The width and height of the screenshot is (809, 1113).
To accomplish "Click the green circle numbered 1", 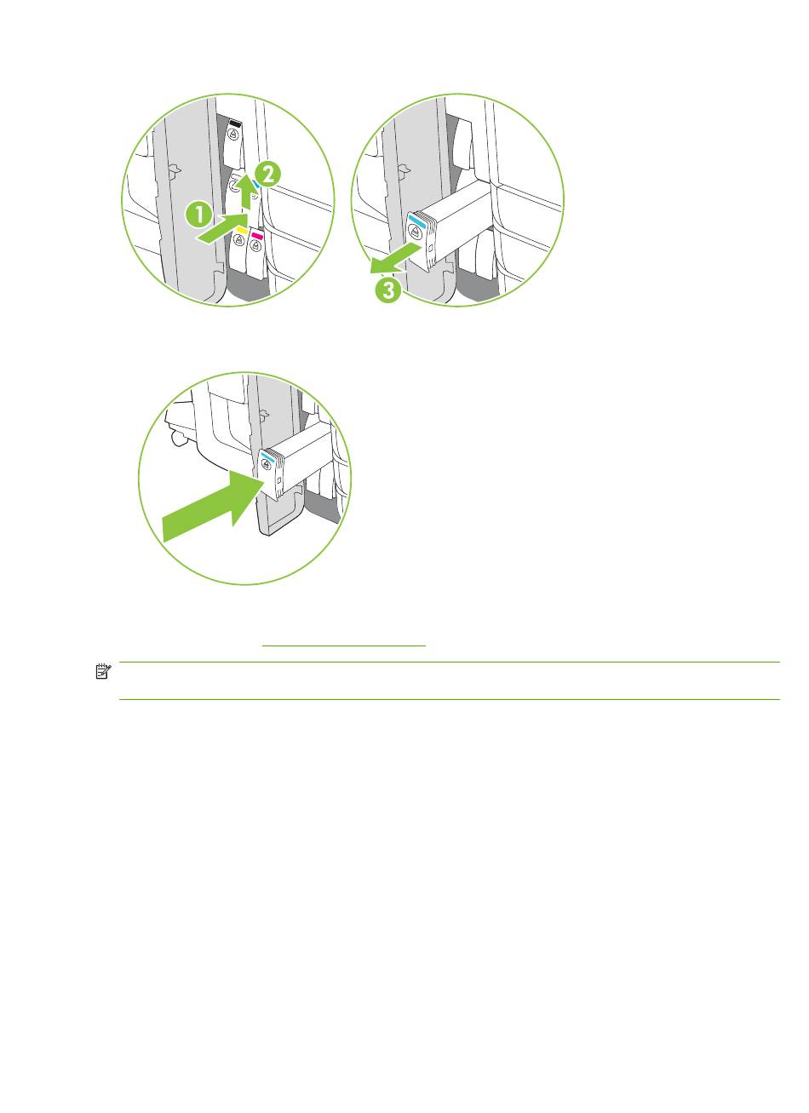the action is coord(199,215).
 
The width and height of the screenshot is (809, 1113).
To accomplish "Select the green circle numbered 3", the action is coord(388,290).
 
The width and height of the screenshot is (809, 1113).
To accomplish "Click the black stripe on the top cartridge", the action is coord(235,122).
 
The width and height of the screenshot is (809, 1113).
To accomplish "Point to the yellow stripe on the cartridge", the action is coord(242,230).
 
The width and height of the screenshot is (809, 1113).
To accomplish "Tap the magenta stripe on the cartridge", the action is coord(256,236).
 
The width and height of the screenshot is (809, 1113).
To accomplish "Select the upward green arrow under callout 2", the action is coord(247,194).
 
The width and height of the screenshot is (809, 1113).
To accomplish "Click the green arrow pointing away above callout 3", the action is coord(396,258).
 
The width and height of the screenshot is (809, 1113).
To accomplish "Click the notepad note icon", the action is coord(103,671).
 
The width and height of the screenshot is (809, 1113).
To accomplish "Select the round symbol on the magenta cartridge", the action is coord(256,245).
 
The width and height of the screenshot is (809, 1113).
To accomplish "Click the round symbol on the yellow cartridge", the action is coord(239,240).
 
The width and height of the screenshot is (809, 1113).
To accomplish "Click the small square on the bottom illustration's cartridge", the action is coord(279,480).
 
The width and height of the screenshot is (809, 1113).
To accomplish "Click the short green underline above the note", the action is coord(344,645).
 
